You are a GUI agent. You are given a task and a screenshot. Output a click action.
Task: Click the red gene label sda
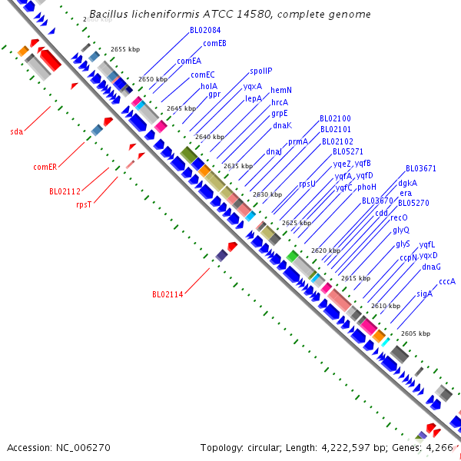(16, 131)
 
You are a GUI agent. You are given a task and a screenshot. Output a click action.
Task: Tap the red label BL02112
(65, 191)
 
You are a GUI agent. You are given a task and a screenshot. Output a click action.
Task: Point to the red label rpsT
(84, 204)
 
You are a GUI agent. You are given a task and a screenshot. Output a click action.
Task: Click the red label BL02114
(167, 294)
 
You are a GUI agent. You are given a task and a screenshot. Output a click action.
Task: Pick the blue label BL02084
(205, 30)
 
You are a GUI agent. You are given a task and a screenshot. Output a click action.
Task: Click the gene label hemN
(281, 90)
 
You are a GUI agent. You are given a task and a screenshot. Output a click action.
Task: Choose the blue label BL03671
(421, 168)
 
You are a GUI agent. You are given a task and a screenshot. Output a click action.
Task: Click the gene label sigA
(424, 294)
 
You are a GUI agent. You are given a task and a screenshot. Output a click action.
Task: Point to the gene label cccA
(447, 281)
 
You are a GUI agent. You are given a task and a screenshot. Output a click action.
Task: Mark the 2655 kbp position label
(124, 49)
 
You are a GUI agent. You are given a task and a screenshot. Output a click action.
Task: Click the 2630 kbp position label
(267, 194)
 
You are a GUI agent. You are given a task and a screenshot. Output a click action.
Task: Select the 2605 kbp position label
(415, 333)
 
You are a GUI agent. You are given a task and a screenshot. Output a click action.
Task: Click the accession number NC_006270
(83, 447)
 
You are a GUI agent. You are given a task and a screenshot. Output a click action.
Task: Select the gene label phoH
(366, 187)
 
